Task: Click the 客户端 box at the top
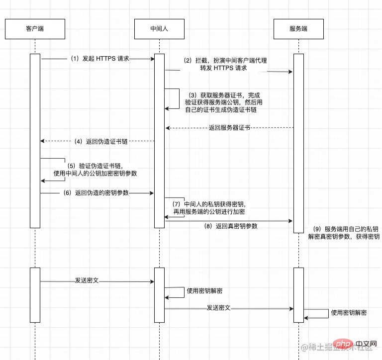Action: click(x=35, y=29)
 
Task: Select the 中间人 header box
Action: click(x=159, y=29)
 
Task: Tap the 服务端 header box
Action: click(x=298, y=29)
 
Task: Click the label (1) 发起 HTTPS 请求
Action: click(x=99, y=58)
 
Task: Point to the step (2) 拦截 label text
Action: click(x=225, y=64)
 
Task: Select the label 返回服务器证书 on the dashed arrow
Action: click(x=229, y=128)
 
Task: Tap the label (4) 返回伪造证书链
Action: click(x=101, y=141)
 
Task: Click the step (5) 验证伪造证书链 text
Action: click(x=95, y=170)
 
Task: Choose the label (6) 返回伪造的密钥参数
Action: click(x=101, y=192)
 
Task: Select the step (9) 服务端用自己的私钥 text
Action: click(x=344, y=233)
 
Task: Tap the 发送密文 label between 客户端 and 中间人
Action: click(x=87, y=280)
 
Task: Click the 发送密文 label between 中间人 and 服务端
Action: click(x=219, y=308)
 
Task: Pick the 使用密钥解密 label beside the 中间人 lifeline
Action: click(x=204, y=291)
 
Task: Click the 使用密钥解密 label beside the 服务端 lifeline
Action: click(x=349, y=313)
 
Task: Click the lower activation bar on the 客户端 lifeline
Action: click(x=35, y=295)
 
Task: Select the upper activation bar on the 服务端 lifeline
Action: click(x=298, y=143)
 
